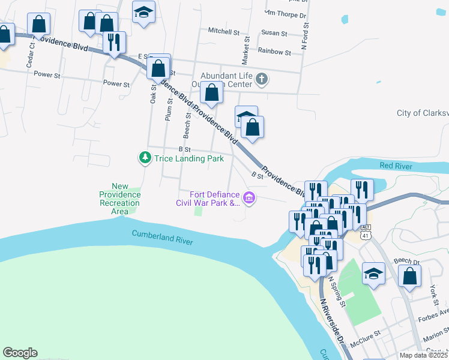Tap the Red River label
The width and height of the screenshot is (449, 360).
(x=395, y=166)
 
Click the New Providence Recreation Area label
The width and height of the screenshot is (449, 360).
(x=120, y=199)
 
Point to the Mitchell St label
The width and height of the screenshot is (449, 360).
(x=223, y=30)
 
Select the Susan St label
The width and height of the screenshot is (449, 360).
(x=273, y=34)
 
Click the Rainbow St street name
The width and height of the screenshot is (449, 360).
(x=274, y=52)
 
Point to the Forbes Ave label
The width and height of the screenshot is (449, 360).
(x=435, y=311)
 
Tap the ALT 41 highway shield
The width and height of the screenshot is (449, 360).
(x=366, y=231)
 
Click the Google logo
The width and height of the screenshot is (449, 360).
(x=20, y=353)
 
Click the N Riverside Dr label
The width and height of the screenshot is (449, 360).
(x=331, y=318)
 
